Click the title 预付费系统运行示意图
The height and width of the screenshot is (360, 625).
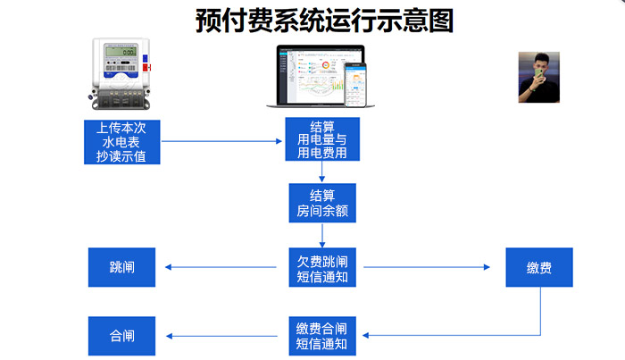pyautogui.click(x=324, y=20)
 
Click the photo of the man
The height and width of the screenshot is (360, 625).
pyautogui.click(x=538, y=77)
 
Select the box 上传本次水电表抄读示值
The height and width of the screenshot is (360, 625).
pyautogui.click(x=121, y=141)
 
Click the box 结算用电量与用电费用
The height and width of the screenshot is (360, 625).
pyautogui.click(x=322, y=139)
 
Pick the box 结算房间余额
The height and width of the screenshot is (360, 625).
pyautogui.click(x=322, y=204)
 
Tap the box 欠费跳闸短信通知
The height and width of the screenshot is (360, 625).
pyautogui.click(x=322, y=267)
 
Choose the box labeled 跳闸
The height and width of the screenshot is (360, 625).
pyautogui.click(x=121, y=267)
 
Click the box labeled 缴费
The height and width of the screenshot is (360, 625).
pyautogui.click(x=539, y=267)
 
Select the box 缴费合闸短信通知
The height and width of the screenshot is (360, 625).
pyautogui.click(x=322, y=336)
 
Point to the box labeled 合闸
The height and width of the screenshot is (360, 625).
pyautogui.click(x=121, y=336)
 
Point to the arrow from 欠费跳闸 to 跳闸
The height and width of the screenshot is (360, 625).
pyautogui.click(x=223, y=267)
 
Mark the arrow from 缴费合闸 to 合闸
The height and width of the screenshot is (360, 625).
pyautogui.click(x=223, y=336)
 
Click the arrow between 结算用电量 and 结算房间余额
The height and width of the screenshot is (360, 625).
pyautogui.click(x=322, y=172)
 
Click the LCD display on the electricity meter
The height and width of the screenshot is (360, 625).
pyautogui.click(x=120, y=51)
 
